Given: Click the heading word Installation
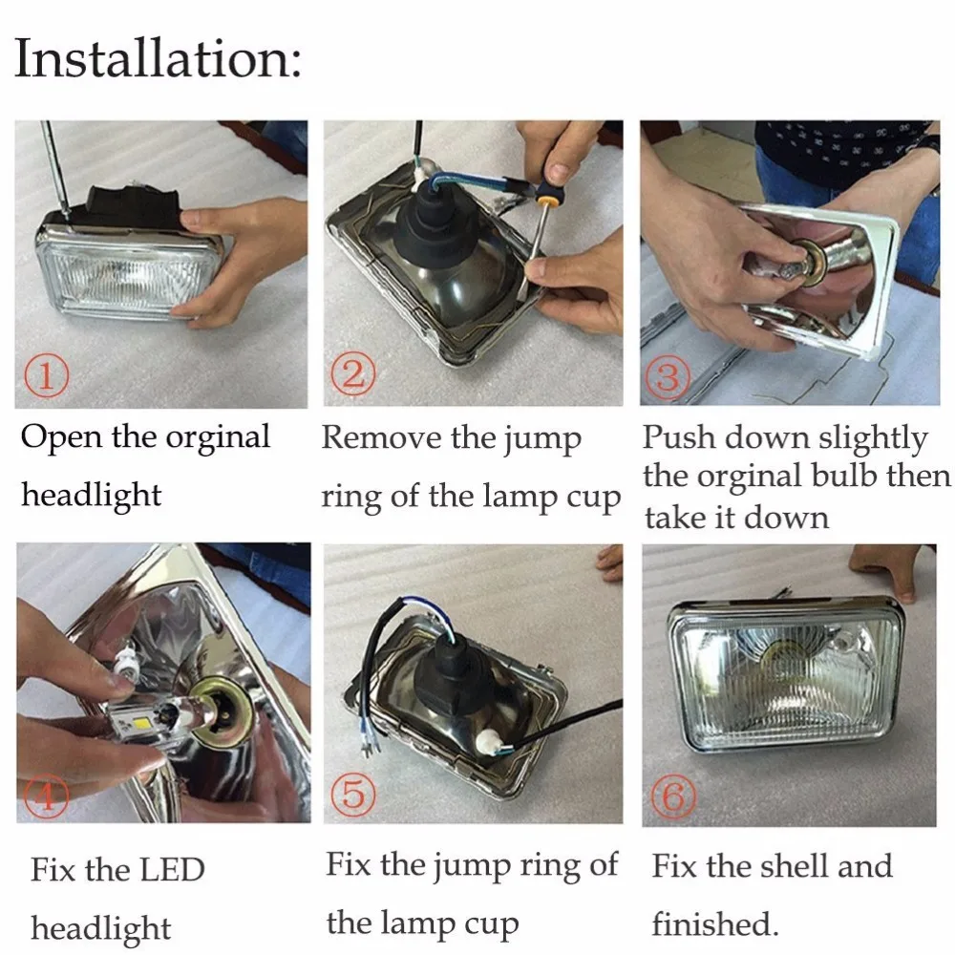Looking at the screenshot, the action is tap(158, 58).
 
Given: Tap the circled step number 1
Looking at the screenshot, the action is tap(46, 375).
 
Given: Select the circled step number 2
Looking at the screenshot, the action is tap(353, 373).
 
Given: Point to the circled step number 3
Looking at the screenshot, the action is tap(668, 376).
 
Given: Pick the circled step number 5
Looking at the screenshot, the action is tap(353, 793).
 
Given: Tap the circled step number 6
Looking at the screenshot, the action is tap(673, 796).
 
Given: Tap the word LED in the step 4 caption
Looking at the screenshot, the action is tap(171, 870).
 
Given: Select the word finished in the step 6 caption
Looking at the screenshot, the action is tap(715, 923).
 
